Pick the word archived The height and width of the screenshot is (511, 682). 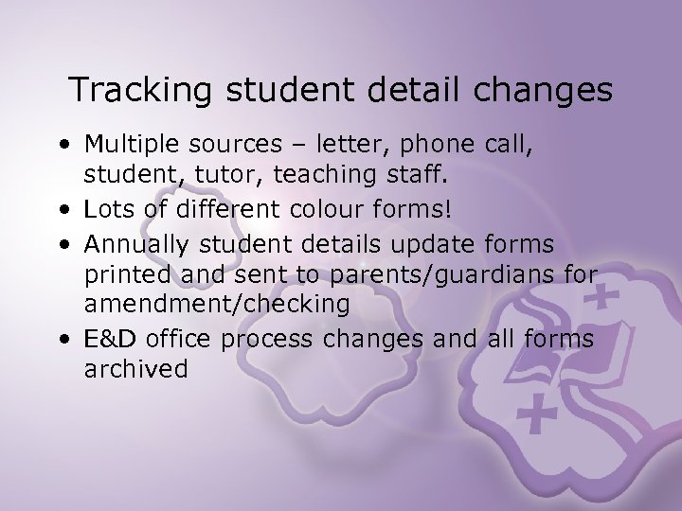click(136, 369)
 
